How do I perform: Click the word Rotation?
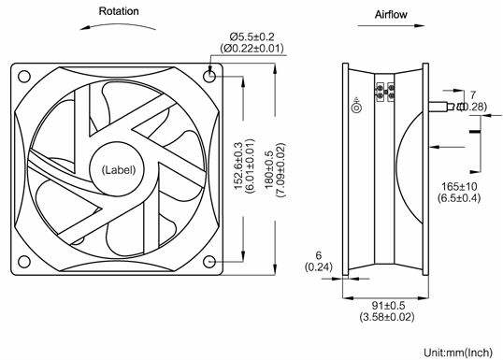119,11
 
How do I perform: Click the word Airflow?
391,14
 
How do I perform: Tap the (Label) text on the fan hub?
119,170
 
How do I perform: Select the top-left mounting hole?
24,77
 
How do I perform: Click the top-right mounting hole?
209,76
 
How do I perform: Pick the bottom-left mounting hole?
24,262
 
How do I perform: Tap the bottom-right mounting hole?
209,262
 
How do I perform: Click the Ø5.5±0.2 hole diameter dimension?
251,36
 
